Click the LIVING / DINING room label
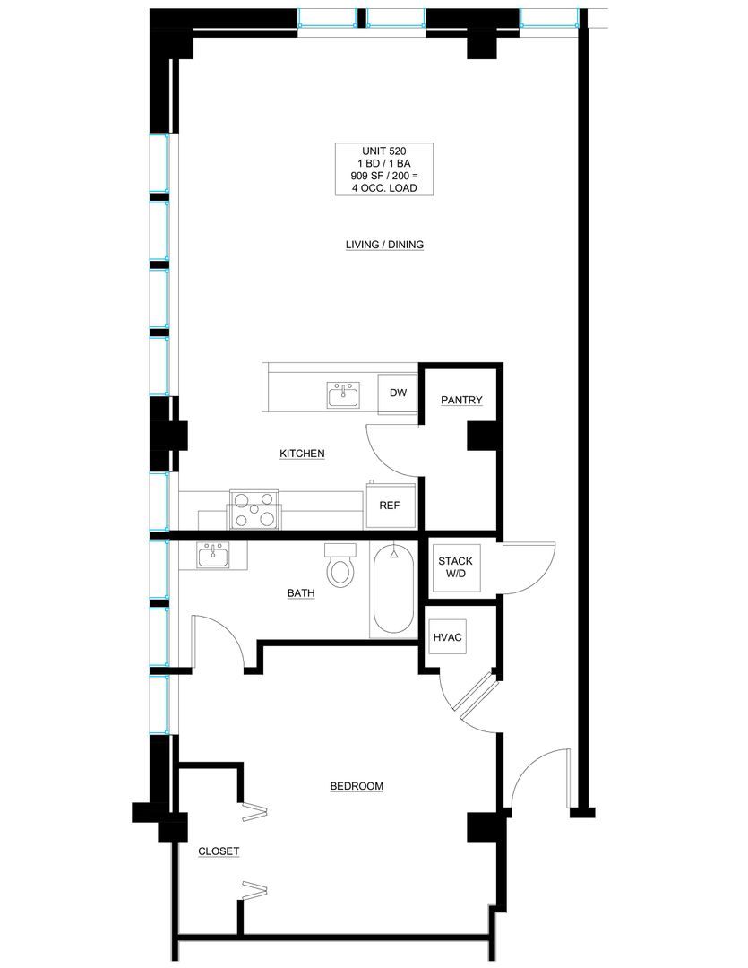point(384,245)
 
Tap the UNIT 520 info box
point(384,169)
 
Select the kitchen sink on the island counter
point(344,395)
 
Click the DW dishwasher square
point(398,393)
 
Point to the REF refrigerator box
point(390,506)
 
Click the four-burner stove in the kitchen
point(254,509)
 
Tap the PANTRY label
point(461,400)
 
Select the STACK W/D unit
point(455,567)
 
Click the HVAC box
point(447,637)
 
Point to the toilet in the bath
point(340,566)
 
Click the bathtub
point(393,589)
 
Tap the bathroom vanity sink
point(213,555)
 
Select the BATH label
point(301,593)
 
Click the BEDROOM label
point(357,787)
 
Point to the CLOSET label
point(219,851)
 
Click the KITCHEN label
point(303,454)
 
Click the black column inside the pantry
point(481,436)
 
